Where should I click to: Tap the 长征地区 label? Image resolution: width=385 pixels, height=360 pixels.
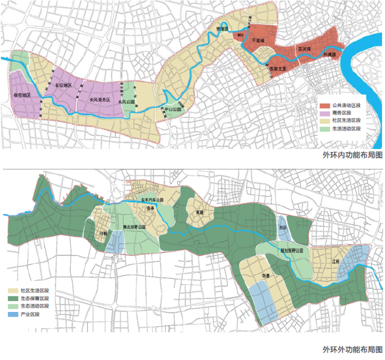pos(63,86)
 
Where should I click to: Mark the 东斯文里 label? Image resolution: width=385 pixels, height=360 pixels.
pos(279,68)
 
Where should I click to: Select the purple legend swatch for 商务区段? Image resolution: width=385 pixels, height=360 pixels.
pos(322,112)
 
